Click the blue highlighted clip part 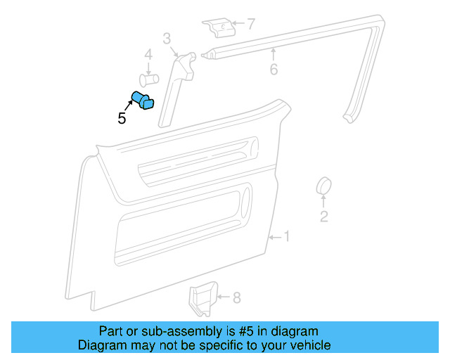[143, 101]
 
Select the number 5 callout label [122, 119]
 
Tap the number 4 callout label [148, 55]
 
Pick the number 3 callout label [167, 38]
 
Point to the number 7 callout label [251, 25]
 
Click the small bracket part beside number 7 [219, 27]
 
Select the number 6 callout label [274, 70]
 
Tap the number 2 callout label [323, 217]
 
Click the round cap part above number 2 [323, 186]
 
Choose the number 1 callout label [286, 236]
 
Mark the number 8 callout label [236, 298]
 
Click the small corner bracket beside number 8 [203, 299]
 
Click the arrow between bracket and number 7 [236, 25]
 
